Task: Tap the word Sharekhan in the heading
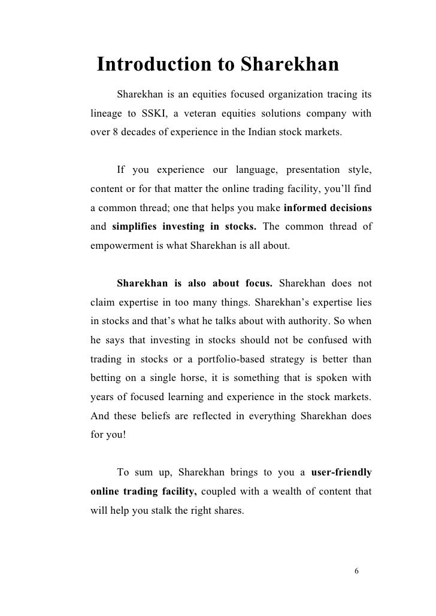[290, 64]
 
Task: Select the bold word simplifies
[141, 227]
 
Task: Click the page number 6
[356, 571]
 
